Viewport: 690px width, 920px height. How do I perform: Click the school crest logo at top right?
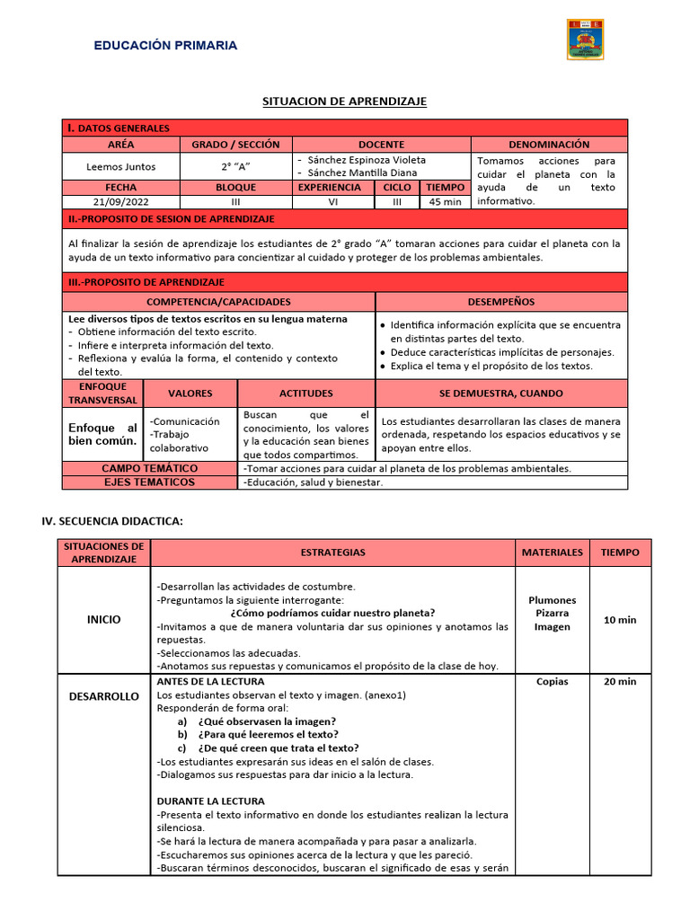point(585,40)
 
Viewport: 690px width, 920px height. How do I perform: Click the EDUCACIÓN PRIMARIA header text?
point(166,45)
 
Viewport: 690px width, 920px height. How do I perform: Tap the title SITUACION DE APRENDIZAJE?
point(344,102)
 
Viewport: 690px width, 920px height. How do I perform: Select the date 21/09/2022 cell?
point(120,202)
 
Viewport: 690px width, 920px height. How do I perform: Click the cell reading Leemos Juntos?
point(120,166)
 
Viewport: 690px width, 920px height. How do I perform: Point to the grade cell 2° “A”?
point(236,166)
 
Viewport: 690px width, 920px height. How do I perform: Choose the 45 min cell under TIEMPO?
point(446,202)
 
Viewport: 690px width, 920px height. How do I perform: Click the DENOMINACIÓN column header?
point(549,144)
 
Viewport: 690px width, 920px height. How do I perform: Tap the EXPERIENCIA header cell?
point(330,188)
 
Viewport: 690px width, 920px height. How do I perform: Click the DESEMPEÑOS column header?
point(501,302)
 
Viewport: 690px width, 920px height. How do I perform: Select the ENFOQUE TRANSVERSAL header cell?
point(102,393)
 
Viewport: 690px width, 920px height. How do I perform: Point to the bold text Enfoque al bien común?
point(102,434)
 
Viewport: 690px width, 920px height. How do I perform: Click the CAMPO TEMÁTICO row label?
point(149,468)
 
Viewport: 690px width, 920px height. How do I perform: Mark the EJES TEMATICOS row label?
point(149,482)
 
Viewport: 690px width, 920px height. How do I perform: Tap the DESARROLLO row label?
point(104,696)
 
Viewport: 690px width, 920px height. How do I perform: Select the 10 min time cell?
point(620,620)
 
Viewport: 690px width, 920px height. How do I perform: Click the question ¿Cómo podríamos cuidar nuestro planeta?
point(333,613)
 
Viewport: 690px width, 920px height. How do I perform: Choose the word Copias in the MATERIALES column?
point(552,681)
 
